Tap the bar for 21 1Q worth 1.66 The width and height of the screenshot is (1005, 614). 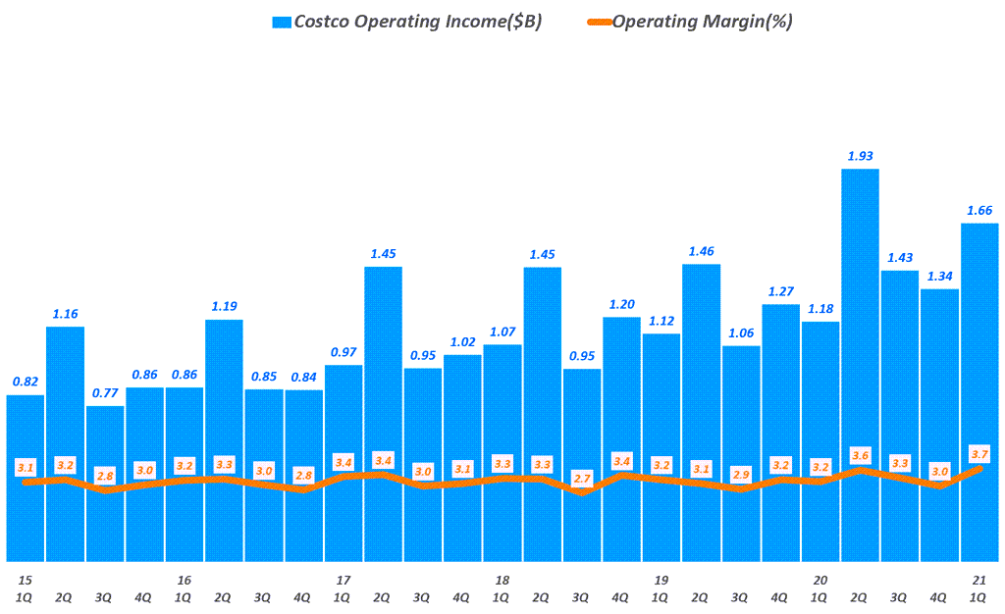tap(979, 392)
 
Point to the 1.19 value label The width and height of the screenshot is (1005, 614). tap(225, 306)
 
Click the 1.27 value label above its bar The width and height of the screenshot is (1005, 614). tap(780, 291)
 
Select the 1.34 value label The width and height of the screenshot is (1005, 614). tap(939, 276)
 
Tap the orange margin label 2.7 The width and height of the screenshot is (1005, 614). tap(582, 478)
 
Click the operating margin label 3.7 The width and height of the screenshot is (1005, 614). tap(979, 453)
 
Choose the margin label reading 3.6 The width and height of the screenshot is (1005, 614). tap(860, 455)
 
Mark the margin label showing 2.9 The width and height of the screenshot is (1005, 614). tap(741, 474)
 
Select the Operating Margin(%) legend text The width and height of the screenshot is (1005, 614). tap(702, 22)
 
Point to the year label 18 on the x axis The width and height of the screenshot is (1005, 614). tap(502, 581)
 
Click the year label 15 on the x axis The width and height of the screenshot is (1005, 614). tap(25, 581)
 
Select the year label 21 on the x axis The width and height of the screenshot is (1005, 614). tap(979, 581)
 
